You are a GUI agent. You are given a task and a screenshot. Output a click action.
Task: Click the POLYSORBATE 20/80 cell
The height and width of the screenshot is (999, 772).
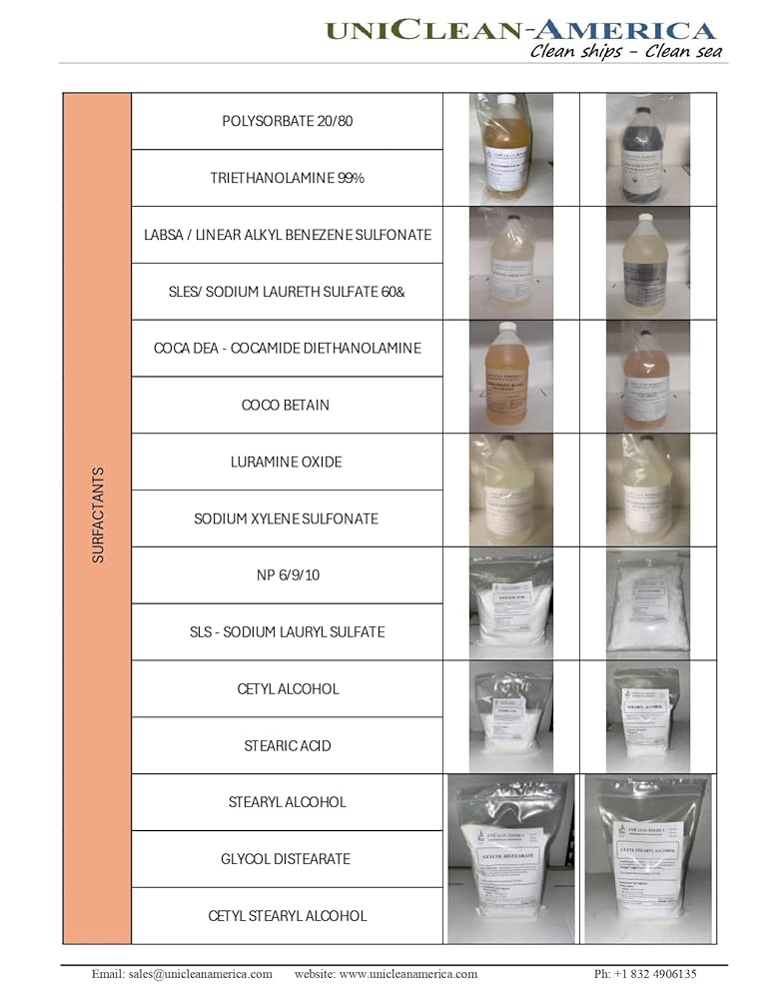click(x=288, y=122)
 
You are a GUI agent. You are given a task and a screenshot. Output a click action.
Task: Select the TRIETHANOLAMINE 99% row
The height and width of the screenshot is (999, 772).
click(x=288, y=179)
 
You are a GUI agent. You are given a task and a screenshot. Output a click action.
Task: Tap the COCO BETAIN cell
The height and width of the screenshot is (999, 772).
click(x=288, y=406)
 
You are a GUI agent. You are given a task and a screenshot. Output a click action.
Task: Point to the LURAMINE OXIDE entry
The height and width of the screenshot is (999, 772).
click(x=288, y=463)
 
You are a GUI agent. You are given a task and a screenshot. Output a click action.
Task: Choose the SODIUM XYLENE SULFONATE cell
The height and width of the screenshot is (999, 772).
click(x=288, y=519)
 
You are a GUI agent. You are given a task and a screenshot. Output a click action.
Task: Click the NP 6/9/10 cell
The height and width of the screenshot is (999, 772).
click(x=288, y=575)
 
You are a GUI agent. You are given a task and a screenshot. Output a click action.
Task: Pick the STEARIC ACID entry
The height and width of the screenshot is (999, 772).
click(x=288, y=746)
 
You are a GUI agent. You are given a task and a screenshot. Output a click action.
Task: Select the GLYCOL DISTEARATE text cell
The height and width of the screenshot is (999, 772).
click(x=288, y=859)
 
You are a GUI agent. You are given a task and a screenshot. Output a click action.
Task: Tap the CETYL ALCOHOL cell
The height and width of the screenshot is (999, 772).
click(x=288, y=689)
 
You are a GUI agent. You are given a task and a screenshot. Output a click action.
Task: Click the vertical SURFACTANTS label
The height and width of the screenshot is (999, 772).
click(x=98, y=519)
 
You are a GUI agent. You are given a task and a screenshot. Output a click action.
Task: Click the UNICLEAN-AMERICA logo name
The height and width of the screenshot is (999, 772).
click(x=520, y=29)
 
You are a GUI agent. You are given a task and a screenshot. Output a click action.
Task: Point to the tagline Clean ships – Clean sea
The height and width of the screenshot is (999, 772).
click(x=625, y=52)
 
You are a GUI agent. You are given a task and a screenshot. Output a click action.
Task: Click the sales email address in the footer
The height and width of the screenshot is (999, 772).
click(x=183, y=974)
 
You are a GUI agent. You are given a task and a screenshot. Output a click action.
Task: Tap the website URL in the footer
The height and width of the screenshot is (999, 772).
click(x=386, y=974)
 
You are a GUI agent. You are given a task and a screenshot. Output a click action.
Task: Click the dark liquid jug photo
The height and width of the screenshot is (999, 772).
click(x=648, y=150)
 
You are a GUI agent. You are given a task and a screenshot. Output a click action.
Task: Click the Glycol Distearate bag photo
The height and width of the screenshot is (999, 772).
click(x=510, y=859)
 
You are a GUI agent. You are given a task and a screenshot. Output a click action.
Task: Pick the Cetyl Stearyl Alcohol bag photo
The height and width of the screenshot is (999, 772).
click(x=648, y=859)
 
